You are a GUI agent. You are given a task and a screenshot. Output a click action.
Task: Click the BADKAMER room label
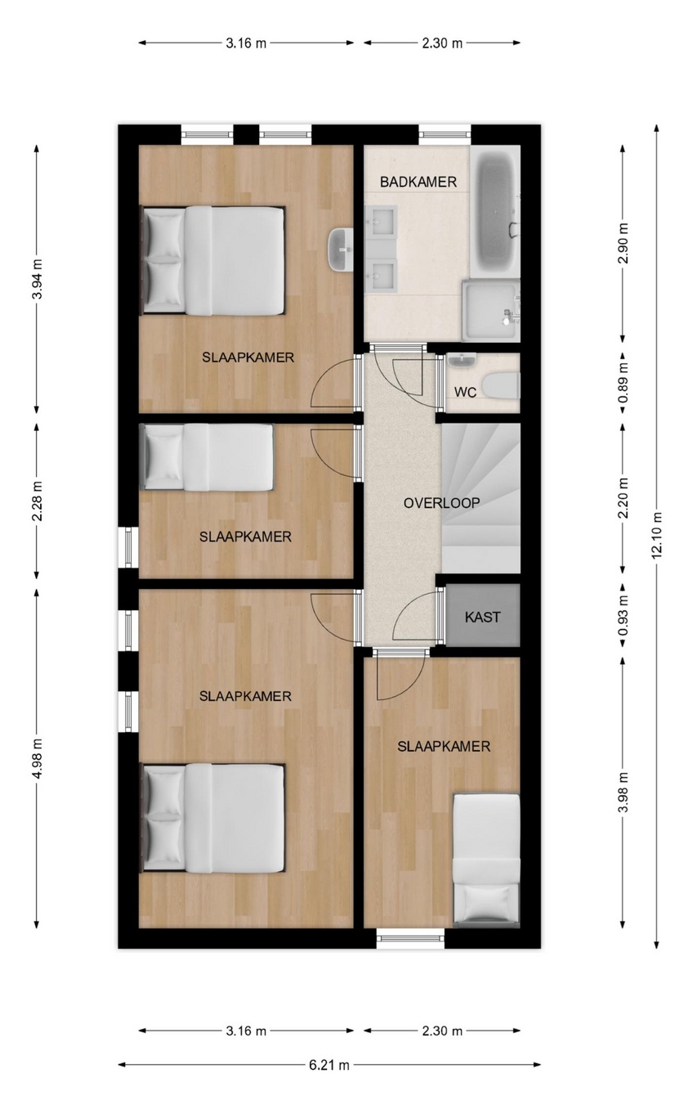pos(418,182)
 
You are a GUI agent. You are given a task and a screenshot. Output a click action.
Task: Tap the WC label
pos(465,393)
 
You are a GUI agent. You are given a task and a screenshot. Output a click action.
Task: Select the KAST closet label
pos(482,617)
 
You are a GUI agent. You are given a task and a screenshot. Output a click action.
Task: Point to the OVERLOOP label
pos(442,503)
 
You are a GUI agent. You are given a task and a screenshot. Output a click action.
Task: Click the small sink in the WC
pos(462,360)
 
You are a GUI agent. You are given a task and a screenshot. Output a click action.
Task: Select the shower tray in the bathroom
pos(490,311)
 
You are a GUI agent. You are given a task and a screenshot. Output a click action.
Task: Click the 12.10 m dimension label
pos(657,536)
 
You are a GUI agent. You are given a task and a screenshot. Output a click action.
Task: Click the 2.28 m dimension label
pos(37,501)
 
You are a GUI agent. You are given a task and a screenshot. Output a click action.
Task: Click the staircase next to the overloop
pos(480,499)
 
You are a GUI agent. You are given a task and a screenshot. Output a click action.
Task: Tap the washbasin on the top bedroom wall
pos(341,249)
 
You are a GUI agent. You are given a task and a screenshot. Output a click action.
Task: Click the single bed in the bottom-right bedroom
pos(487,860)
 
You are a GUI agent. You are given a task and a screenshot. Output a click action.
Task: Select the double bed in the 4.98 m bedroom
pos(212,818)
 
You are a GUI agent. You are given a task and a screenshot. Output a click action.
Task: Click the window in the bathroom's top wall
pos(445,135)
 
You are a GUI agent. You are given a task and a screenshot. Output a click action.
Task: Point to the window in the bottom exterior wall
pos(410,938)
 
